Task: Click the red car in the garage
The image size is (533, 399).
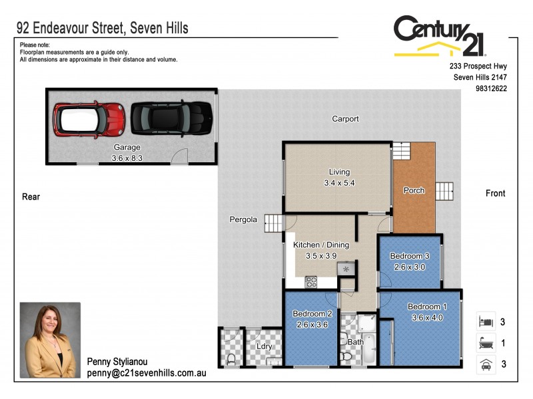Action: point(89,118)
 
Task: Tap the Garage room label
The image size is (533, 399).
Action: point(127,148)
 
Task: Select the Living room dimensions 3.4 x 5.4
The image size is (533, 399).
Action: point(336,183)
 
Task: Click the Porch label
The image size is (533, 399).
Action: point(414,191)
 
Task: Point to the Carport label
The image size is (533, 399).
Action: point(345,119)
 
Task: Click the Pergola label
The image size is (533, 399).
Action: point(243,219)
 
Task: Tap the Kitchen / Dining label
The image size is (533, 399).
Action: point(321,245)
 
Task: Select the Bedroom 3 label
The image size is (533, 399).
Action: point(410,257)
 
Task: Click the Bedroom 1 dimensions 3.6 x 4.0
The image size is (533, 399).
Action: point(427,318)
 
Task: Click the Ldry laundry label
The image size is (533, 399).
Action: point(264,346)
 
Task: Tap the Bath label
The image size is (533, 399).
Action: point(354,342)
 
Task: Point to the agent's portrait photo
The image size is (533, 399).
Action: point(50,340)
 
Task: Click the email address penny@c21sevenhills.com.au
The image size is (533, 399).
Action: point(147,374)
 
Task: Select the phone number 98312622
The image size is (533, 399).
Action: point(491,88)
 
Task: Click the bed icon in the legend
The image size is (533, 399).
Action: point(486,322)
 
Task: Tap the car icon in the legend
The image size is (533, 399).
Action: point(486,364)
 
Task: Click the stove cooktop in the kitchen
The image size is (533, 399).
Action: point(310,283)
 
